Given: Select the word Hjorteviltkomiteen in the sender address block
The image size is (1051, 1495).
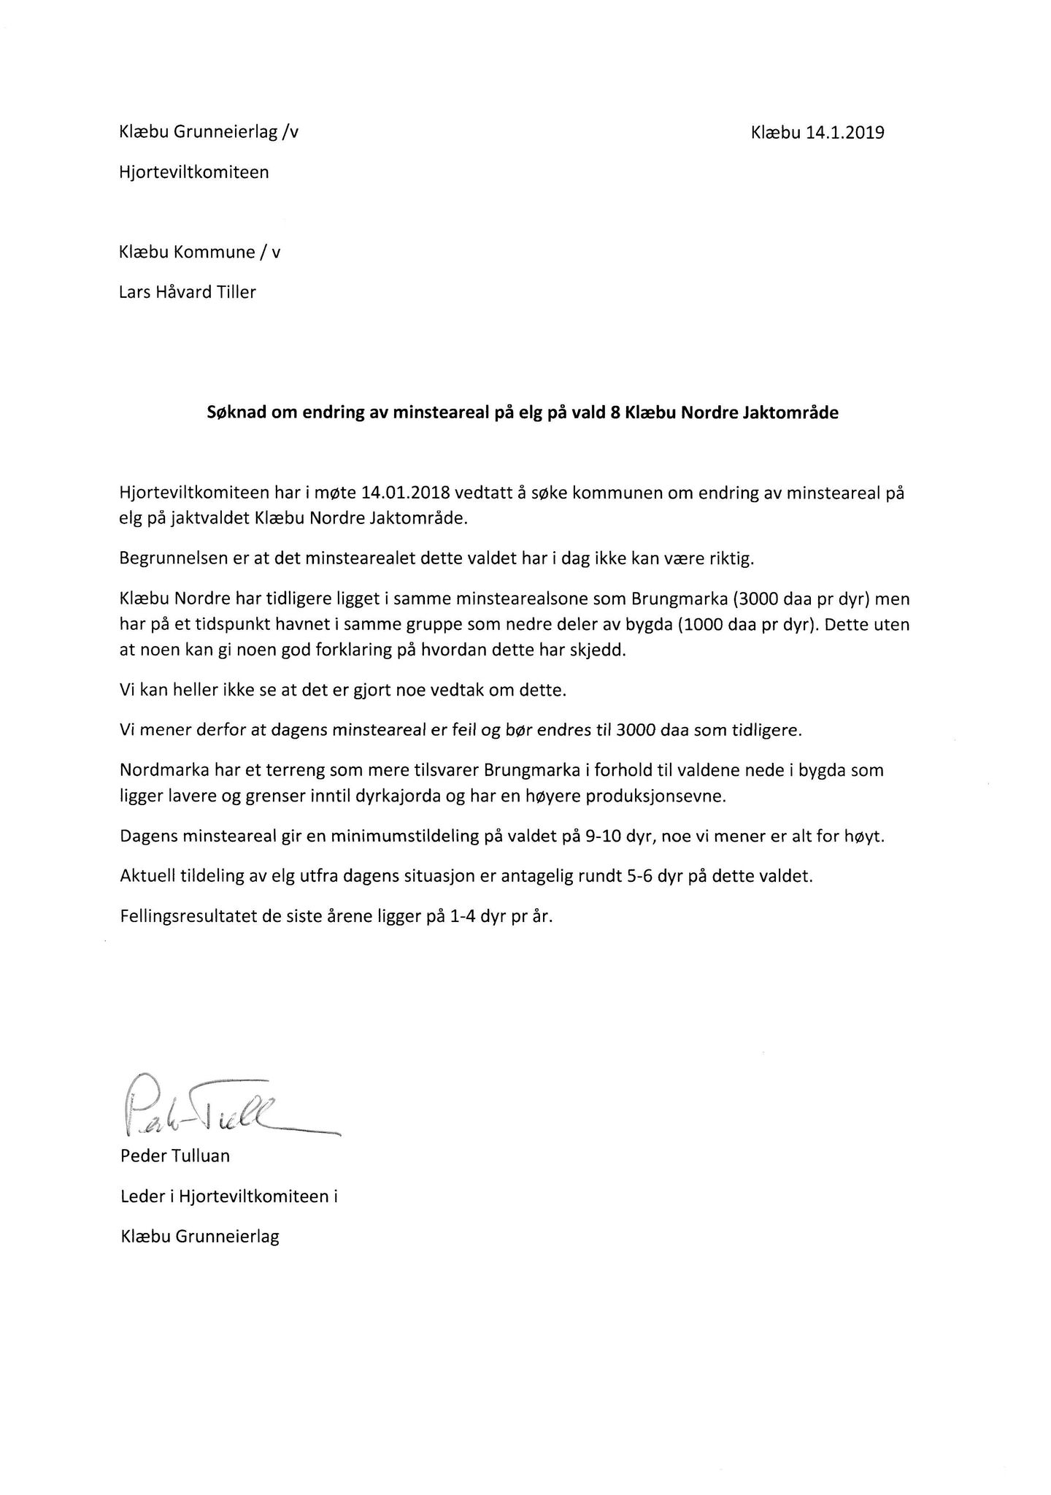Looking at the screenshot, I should click(x=194, y=172).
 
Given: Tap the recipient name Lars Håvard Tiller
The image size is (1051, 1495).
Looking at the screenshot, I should click(x=188, y=292).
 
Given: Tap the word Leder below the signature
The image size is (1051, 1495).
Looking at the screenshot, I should click(x=142, y=1197).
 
